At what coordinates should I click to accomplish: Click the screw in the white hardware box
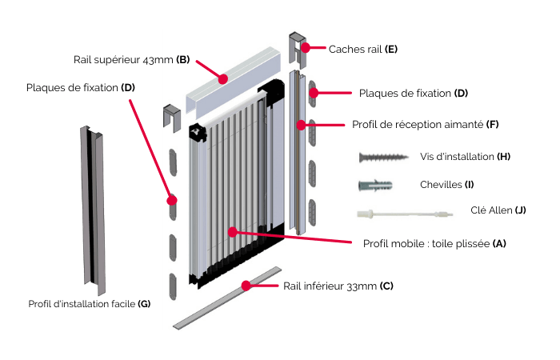[383, 158]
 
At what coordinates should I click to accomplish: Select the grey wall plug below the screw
[375, 185]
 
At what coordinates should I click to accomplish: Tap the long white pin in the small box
[405, 214]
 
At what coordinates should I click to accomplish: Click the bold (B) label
[183, 60]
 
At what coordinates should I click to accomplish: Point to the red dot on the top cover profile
[223, 78]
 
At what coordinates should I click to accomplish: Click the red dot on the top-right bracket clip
[305, 48]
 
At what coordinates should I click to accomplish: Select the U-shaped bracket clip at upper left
[171, 117]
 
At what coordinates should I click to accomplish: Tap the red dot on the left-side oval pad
[172, 200]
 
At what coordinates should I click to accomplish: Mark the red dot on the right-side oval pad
[314, 93]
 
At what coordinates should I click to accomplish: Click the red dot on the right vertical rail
[301, 125]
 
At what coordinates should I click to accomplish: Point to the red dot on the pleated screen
[232, 232]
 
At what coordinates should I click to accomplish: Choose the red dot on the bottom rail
[246, 286]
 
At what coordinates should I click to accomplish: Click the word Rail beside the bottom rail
[293, 286]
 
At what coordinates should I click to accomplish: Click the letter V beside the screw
[422, 157]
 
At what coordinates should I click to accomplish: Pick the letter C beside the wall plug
[422, 185]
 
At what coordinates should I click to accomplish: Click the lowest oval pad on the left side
[173, 286]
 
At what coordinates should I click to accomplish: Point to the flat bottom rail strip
[226, 298]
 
